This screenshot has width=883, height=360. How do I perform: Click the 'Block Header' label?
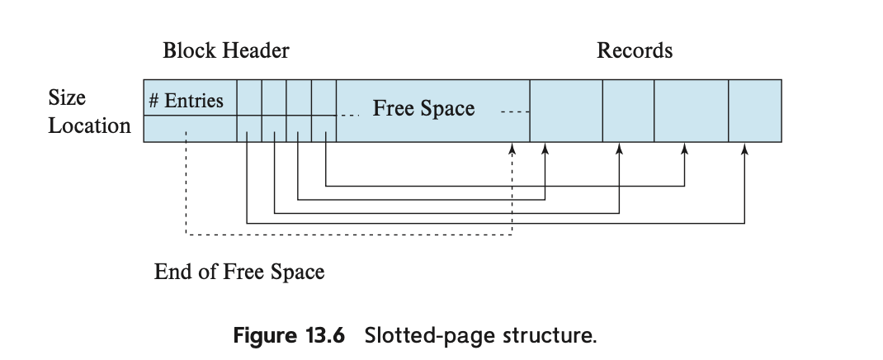pos(225,51)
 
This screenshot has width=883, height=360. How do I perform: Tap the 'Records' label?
pos(634,51)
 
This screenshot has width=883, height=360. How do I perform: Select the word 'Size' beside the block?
pos(67,98)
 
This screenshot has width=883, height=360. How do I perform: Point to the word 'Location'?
pos(89,126)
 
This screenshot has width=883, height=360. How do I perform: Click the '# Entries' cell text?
pos(186,101)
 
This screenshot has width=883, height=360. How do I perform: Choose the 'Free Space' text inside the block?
pos(423,109)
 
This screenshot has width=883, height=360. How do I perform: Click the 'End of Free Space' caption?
pos(239,272)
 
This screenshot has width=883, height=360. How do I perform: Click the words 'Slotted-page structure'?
pos(479,337)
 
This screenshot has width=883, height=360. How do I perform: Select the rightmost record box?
pos(754,111)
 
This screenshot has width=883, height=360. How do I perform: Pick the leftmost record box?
pos(565,111)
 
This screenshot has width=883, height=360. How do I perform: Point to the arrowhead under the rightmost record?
pos(744,149)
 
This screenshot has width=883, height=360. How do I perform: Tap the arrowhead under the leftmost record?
pos(545,149)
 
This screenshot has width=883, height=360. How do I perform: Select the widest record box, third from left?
pos(691,111)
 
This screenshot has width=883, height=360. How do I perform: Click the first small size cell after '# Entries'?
pos(249,97)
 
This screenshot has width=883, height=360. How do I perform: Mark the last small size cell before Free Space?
pos(324,97)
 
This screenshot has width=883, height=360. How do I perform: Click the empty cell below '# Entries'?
pos(190,129)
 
